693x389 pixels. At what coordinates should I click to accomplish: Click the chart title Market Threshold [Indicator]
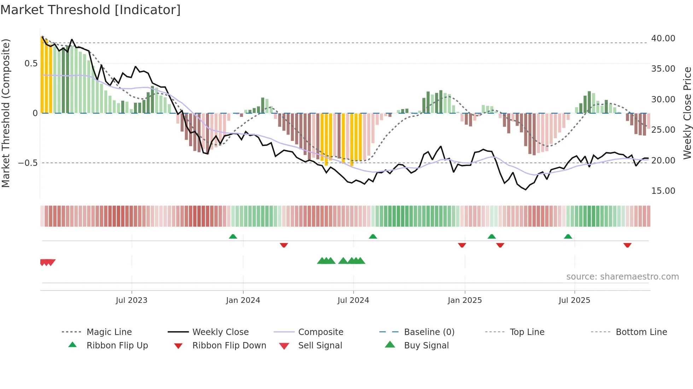click(91, 10)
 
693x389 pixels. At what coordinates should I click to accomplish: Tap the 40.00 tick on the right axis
click(663, 38)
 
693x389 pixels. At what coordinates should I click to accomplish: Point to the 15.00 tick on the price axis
click(663, 191)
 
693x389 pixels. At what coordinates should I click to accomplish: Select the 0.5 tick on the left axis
click(31, 64)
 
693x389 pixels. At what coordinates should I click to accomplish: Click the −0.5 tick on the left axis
click(28, 163)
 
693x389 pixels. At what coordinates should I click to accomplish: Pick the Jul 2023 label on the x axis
click(132, 300)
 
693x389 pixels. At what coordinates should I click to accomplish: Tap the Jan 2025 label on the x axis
click(465, 300)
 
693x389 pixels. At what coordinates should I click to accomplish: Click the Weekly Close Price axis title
click(687, 113)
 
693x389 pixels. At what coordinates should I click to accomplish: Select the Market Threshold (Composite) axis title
click(6, 113)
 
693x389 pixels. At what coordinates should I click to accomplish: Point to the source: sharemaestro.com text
click(622, 277)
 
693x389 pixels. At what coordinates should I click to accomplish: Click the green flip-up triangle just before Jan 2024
click(233, 237)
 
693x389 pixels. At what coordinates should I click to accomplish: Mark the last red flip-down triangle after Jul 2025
click(627, 245)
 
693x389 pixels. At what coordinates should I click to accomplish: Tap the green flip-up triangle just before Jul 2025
click(568, 237)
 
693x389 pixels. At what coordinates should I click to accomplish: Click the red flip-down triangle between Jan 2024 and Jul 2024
click(284, 245)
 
